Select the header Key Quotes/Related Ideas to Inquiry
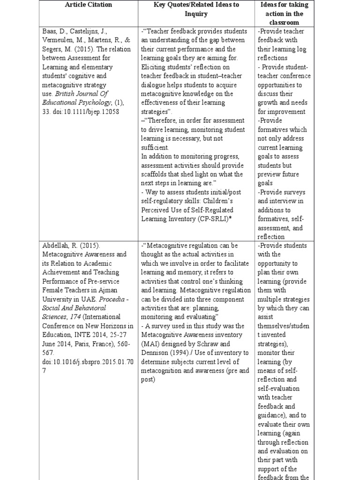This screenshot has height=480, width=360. (x=196, y=9)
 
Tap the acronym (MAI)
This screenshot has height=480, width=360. (x=151, y=344)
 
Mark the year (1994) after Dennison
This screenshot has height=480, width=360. (x=186, y=352)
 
